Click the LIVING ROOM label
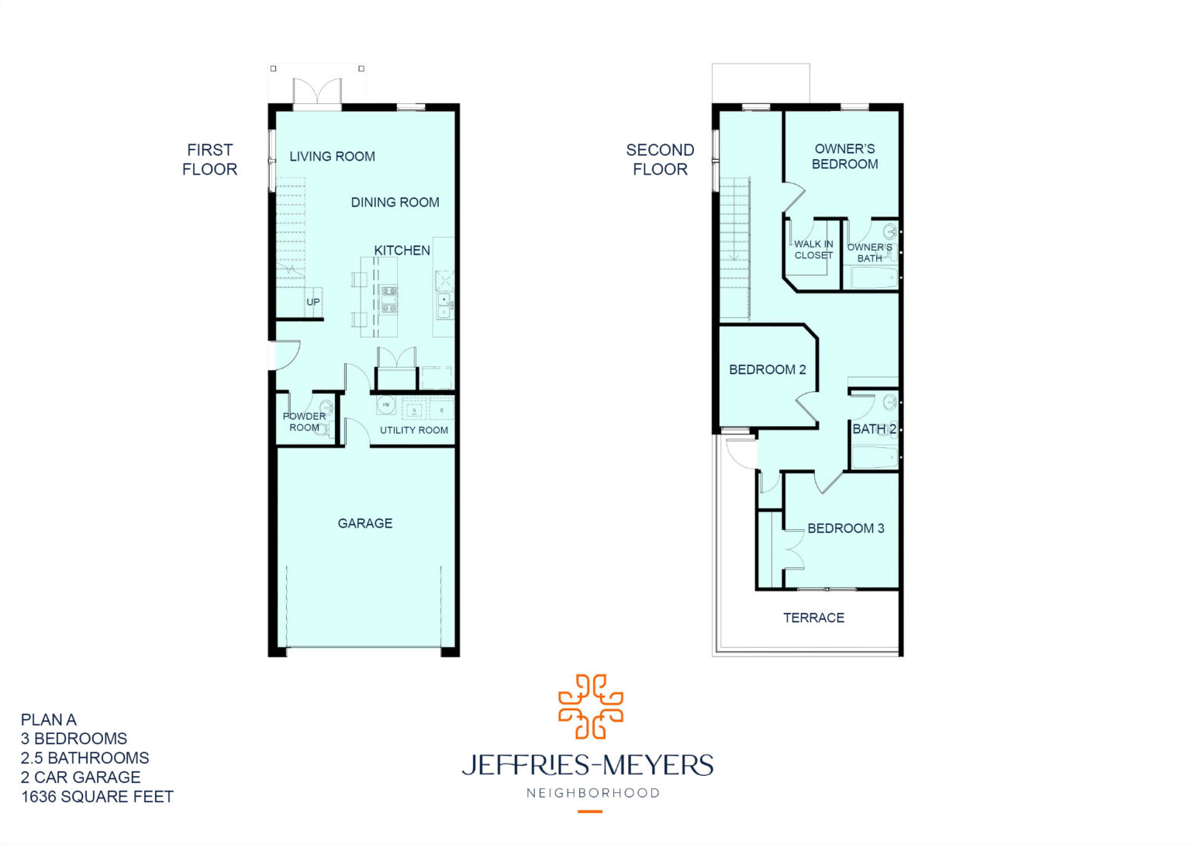tap(332, 156)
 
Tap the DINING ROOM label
tap(395, 203)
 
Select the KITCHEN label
tap(402, 250)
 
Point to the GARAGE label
tap(364, 524)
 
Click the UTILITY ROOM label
tap(413, 430)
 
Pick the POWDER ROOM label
tap(304, 422)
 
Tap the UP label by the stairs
tap(313, 302)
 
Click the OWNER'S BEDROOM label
tap(844, 156)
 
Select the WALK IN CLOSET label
tap(813, 249)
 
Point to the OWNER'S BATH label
tap(869, 253)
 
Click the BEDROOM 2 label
tap(767, 370)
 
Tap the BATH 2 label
tap(874, 429)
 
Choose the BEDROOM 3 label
tap(845, 528)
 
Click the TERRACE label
tap(813, 618)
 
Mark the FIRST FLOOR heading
tap(209, 159)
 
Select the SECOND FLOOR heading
tap(660, 159)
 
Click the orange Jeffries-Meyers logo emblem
tap(591, 706)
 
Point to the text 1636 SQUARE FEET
tap(97, 797)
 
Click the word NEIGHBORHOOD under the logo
tap(592, 793)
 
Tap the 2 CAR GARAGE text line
tap(81, 777)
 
